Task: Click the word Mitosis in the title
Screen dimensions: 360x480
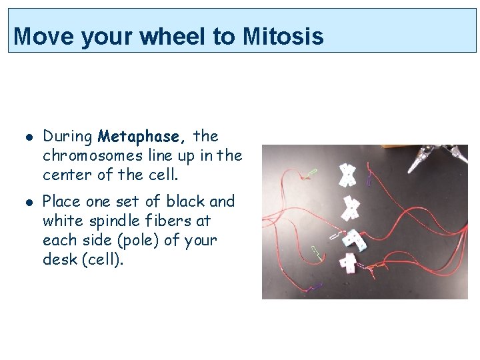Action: pos(283,36)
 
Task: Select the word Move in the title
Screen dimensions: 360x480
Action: pos(44,36)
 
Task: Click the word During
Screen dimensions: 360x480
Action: pos(67,137)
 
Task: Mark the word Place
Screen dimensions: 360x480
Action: pos(63,201)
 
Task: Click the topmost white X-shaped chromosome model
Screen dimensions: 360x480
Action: pos(347,175)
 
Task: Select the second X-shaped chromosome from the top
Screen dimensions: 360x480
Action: pos(351,209)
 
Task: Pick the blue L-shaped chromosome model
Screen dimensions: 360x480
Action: pos(354,239)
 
